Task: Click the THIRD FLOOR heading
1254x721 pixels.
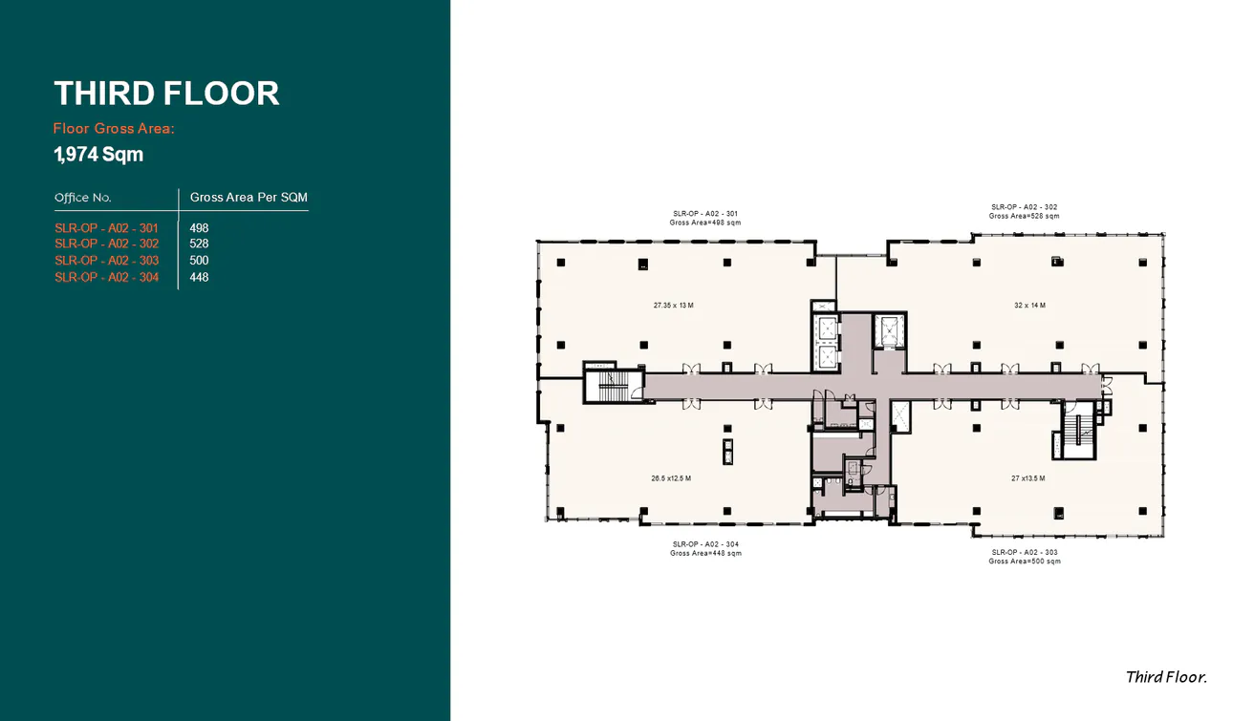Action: pyautogui.click(x=166, y=94)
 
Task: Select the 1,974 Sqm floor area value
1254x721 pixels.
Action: pyautogui.click(x=98, y=154)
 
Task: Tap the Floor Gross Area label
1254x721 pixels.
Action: pyautogui.click(x=114, y=128)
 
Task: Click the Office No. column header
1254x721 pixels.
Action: pyautogui.click(x=83, y=198)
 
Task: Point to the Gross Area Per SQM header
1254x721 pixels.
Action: pyautogui.click(x=249, y=198)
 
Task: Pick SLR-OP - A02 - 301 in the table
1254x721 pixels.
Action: pyautogui.click(x=106, y=228)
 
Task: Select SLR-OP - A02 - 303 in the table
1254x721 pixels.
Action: pyautogui.click(x=106, y=261)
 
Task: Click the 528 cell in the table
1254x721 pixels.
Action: pyautogui.click(x=199, y=244)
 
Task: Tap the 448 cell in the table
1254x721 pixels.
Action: pyautogui.click(x=199, y=278)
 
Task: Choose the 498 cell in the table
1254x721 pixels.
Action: pyautogui.click(x=199, y=228)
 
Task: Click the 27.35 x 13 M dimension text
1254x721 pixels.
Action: pyautogui.click(x=673, y=306)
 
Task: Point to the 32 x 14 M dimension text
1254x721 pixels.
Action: pyautogui.click(x=1029, y=306)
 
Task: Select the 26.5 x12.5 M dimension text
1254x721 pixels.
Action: pyautogui.click(x=671, y=478)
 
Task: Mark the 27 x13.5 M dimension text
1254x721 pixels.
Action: pyautogui.click(x=1027, y=478)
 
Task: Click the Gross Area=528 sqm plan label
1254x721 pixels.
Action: pyautogui.click(x=1024, y=216)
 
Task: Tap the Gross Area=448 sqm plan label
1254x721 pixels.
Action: pyautogui.click(x=705, y=553)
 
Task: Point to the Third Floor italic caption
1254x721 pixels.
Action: pyautogui.click(x=1166, y=677)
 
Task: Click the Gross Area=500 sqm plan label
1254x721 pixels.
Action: pyautogui.click(x=1024, y=562)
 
